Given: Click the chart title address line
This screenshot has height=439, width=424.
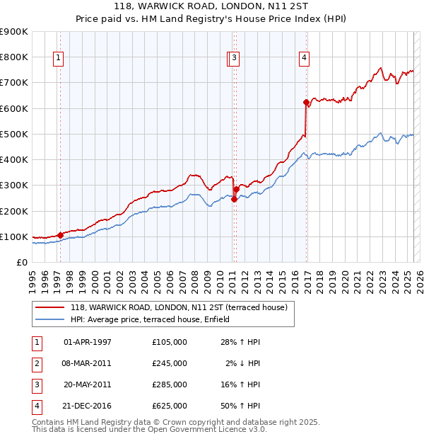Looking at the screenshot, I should point(211,6).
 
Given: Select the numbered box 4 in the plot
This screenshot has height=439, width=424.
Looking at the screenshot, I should point(303,59).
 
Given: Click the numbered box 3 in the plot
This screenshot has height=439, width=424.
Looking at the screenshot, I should point(234,59).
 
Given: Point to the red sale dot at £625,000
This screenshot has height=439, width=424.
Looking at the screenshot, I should point(306,102).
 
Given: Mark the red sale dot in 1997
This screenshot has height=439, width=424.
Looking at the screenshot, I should point(60,235).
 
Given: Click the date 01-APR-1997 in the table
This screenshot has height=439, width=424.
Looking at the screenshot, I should point(88,342).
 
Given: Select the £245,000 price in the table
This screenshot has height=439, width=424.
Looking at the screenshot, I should point(170,363).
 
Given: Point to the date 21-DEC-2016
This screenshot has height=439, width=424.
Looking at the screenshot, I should point(88,406).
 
